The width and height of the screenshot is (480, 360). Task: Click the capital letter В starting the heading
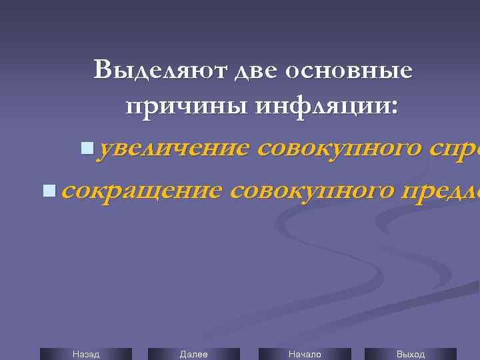point(105,70)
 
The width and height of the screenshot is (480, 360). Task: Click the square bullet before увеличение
point(85,147)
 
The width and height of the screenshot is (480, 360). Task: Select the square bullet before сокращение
point(47,191)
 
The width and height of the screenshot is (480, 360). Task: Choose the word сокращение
point(141,191)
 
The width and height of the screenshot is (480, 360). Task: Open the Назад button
point(86,354)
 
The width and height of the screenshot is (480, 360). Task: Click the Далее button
point(193,354)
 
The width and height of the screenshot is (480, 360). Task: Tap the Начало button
point(304,354)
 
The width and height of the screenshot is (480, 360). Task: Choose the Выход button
point(411,354)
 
